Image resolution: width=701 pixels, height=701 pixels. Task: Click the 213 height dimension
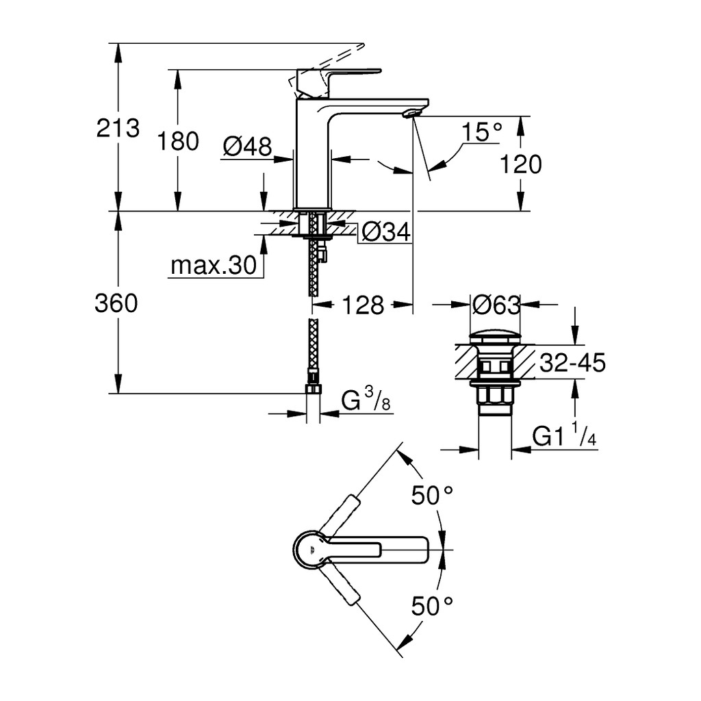pos(118,128)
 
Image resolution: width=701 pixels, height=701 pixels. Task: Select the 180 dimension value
pos(177,141)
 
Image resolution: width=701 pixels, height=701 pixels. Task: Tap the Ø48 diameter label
pos(248,146)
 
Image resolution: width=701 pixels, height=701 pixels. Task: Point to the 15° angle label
pos(482,132)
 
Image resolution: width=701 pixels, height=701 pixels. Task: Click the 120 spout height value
pos(520,164)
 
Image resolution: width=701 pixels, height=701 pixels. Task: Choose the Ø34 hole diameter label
pos(386,232)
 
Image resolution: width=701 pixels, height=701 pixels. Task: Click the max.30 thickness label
pos(214,266)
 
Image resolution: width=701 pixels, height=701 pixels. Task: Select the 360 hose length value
pos(116,303)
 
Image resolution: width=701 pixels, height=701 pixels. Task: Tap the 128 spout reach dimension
pos(363,305)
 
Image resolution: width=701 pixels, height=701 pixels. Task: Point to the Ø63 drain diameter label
pos(496,305)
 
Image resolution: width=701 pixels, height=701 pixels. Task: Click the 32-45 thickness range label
pos(573,363)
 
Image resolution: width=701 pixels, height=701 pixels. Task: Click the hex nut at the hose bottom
pos(313,388)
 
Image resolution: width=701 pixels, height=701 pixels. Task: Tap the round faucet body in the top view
pos(312,550)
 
